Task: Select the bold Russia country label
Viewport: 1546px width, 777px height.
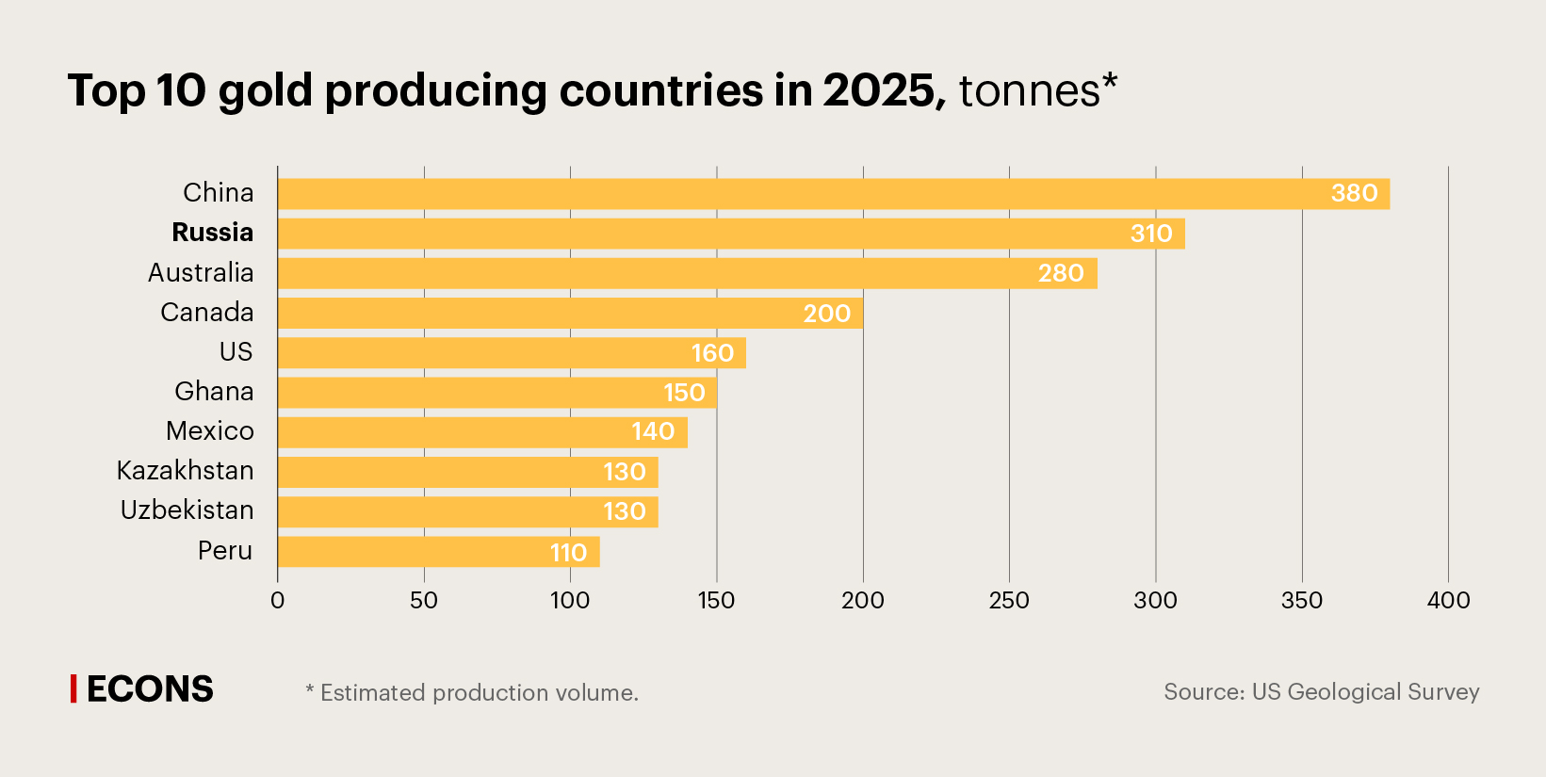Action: point(212,233)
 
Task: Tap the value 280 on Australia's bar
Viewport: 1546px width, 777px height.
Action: point(1061,273)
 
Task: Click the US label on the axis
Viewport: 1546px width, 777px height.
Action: point(236,352)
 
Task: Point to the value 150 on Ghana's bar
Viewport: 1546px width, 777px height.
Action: point(684,393)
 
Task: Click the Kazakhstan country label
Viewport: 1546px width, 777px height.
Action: point(185,470)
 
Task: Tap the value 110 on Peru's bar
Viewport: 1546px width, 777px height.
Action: point(568,553)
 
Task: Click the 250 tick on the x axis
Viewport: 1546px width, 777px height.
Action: point(1009,601)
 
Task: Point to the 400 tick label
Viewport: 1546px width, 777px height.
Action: point(1448,601)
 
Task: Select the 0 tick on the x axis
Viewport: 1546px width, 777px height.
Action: point(277,601)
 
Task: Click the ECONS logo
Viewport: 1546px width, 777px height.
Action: point(143,689)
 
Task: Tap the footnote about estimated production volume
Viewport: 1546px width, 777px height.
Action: point(472,693)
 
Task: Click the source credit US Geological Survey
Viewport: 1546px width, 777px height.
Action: point(1321,692)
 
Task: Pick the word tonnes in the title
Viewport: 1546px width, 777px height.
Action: point(1029,91)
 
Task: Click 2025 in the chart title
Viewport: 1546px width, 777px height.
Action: point(879,91)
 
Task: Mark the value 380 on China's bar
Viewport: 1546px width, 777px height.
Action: point(1354,193)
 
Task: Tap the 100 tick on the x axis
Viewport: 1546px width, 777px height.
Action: point(570,601)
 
